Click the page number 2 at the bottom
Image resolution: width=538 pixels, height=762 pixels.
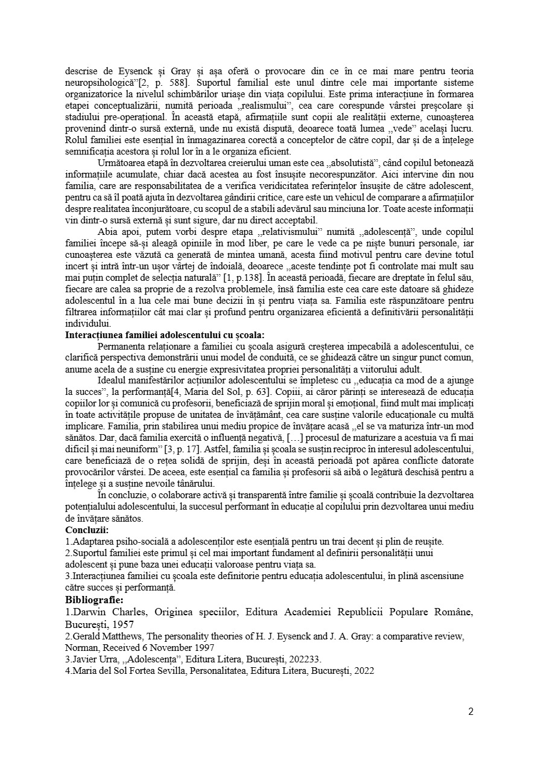pos(470,711)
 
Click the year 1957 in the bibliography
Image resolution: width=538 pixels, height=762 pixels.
pos(123,624)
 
